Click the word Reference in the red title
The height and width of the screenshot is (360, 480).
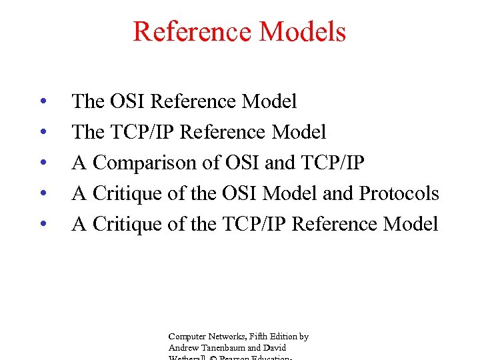coord(193,32)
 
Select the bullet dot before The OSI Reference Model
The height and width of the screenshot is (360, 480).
coord(42,102)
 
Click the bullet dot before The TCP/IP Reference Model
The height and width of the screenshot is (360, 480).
coord(42,133)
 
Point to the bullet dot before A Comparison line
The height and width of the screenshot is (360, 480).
coord(42,163)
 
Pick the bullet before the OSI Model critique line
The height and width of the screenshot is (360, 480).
coord(42,194)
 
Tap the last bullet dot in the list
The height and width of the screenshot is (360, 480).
coord(42,225)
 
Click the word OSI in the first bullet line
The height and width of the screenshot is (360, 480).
coord(125,101)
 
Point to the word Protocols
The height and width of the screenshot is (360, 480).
coord(399,193)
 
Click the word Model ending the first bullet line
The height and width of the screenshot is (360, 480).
coord(269,101)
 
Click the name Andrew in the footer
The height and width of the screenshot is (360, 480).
coord(182,347)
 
